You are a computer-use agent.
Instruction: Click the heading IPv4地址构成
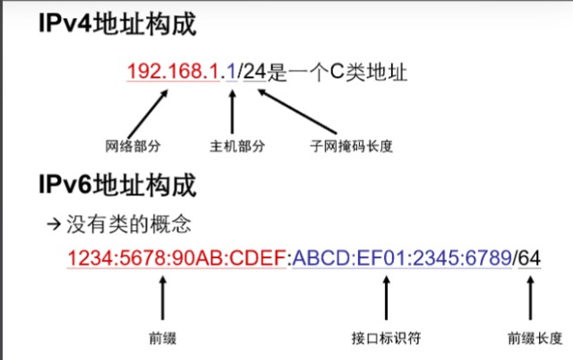click(x=116, y=24)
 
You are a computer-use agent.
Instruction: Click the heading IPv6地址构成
click(x=116, y=187)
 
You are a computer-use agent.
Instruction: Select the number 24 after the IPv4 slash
click(x=254, y=71)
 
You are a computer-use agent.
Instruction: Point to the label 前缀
click(x=162, y=339)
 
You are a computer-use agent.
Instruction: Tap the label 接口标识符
click(x=387, y=339)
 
